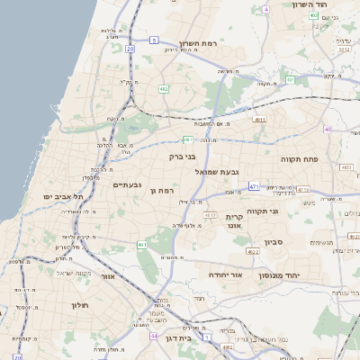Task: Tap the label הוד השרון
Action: [314, 4]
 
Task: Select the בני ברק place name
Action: [182, 156]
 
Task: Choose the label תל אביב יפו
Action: [60, 196]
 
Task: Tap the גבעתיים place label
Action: [127, 185]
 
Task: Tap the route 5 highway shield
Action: [154, 40]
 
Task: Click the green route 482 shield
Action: [164, 89]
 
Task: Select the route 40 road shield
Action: [328, 130]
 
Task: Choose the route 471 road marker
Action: [255, 187]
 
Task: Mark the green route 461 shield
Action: [142, 244]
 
